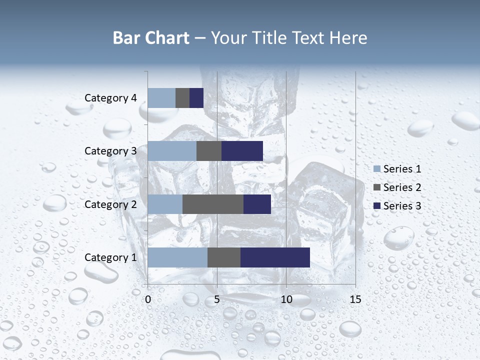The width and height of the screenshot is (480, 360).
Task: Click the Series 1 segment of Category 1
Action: coord(177,257)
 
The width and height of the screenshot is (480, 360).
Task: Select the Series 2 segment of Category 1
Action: coord(224,257)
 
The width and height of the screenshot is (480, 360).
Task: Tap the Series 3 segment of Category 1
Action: coord(275,257)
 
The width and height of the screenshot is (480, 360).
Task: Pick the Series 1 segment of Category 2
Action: coord(165,204)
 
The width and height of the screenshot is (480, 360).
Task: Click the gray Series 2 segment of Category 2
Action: coord(213,204)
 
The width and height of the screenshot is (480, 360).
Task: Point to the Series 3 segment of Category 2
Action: coord(257,204)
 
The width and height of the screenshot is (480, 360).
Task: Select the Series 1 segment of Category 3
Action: coord(172,151)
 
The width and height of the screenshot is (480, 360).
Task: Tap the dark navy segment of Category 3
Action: coord(242,151)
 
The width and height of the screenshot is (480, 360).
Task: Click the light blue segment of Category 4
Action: coord(161,98)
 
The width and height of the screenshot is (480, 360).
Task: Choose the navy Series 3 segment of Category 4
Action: coord(196,98)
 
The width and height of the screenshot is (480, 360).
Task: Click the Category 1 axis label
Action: coord(110,257)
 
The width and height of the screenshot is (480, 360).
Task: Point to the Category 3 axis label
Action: coord(110,151)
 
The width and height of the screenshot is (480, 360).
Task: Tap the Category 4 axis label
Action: coord(110,98)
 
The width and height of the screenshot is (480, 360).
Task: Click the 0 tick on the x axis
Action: coord(148,299)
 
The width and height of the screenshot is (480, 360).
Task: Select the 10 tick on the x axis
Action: coord(286,299)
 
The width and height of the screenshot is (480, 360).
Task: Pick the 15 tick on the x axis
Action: coord(355,299)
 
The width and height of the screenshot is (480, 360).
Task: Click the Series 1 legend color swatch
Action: coord(377,169)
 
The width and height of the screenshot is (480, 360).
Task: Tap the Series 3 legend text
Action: coord(402,206)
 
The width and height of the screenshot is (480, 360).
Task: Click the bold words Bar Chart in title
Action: coord(151,38)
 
